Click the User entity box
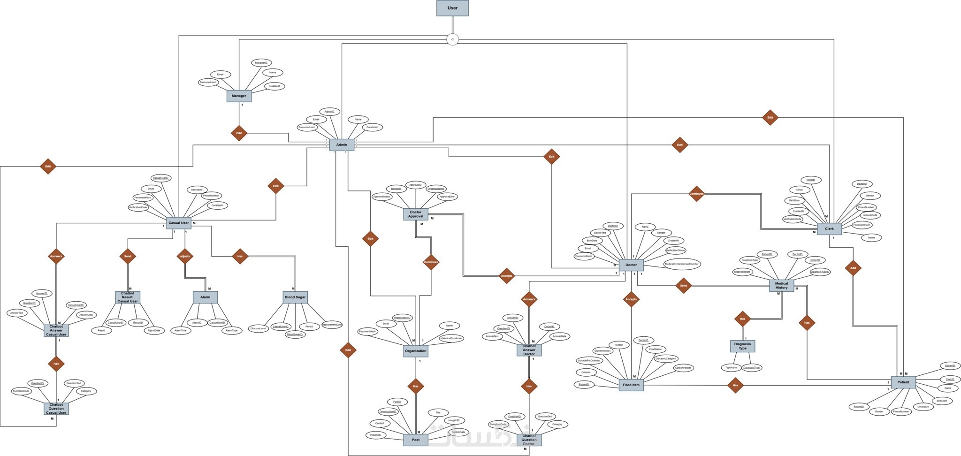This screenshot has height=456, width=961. (452, 8)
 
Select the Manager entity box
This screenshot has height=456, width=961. (239, 96)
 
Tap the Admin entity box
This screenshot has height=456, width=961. (342, 144)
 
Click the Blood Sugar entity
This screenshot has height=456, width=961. (295, 297)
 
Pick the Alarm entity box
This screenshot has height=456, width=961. (205, 297)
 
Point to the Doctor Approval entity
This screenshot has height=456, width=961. (415, 214)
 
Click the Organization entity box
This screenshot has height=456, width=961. (415, 351)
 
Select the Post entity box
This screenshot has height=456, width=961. (415, 440)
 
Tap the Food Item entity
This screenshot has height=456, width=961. (631, 385)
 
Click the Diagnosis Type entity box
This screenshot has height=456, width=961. (742, 346)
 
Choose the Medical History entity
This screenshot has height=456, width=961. (781, 285)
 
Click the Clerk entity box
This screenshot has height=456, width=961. (829, 229)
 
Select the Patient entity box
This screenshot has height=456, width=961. (903, 382)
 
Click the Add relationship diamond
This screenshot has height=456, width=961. (853, 268)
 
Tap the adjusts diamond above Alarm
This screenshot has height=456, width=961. (185, 256)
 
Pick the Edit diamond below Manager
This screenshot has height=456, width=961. (239, 133)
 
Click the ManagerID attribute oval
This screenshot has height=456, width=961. (260, 62)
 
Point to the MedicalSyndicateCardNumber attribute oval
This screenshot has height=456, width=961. (682, 264)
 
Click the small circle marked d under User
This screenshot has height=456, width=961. (452, 39)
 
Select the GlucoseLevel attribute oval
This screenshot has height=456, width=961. (259, 328)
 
